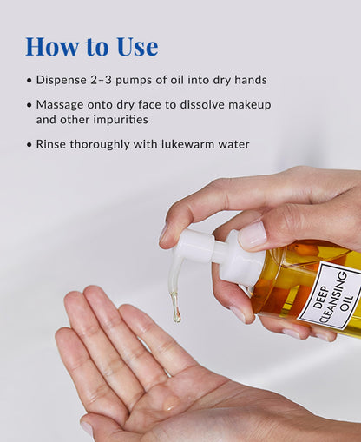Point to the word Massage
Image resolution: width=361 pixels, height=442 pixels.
click(61, 104)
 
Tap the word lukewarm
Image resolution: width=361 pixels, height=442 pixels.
click(183, 144)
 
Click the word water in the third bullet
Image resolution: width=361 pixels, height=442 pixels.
click(232, 144)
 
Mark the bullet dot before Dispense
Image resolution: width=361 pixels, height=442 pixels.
click(29, 80)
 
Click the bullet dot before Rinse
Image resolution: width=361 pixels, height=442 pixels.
click(29, 144)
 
